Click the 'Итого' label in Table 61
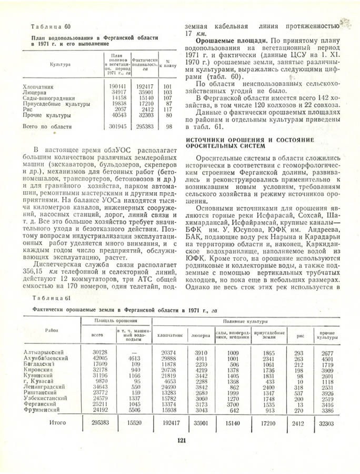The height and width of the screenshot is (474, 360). [x=57, y=423]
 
